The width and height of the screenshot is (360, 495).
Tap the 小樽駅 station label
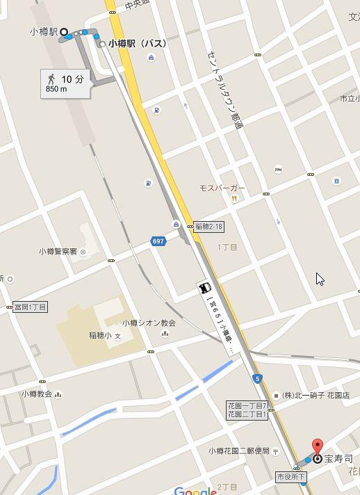[x=43, y=32]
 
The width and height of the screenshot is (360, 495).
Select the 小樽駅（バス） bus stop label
[x=137, y=44]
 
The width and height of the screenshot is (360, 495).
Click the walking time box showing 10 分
[x=65, y=82]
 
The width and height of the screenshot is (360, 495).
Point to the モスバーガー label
[x=222, y=188]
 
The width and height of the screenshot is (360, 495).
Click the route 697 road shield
[x=158, y=241]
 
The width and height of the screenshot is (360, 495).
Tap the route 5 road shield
[x=257, y=379]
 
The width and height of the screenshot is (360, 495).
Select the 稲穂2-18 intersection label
[x=208, y=227]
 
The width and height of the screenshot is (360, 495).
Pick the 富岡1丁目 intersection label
[x=30, y=307]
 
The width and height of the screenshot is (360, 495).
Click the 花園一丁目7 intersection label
[x=247, y=405]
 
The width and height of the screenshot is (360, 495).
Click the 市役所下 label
[x=291, y=477]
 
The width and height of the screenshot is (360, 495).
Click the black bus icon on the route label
[x=205, y=288]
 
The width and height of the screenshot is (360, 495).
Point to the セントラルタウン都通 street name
[x=226, y=90]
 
